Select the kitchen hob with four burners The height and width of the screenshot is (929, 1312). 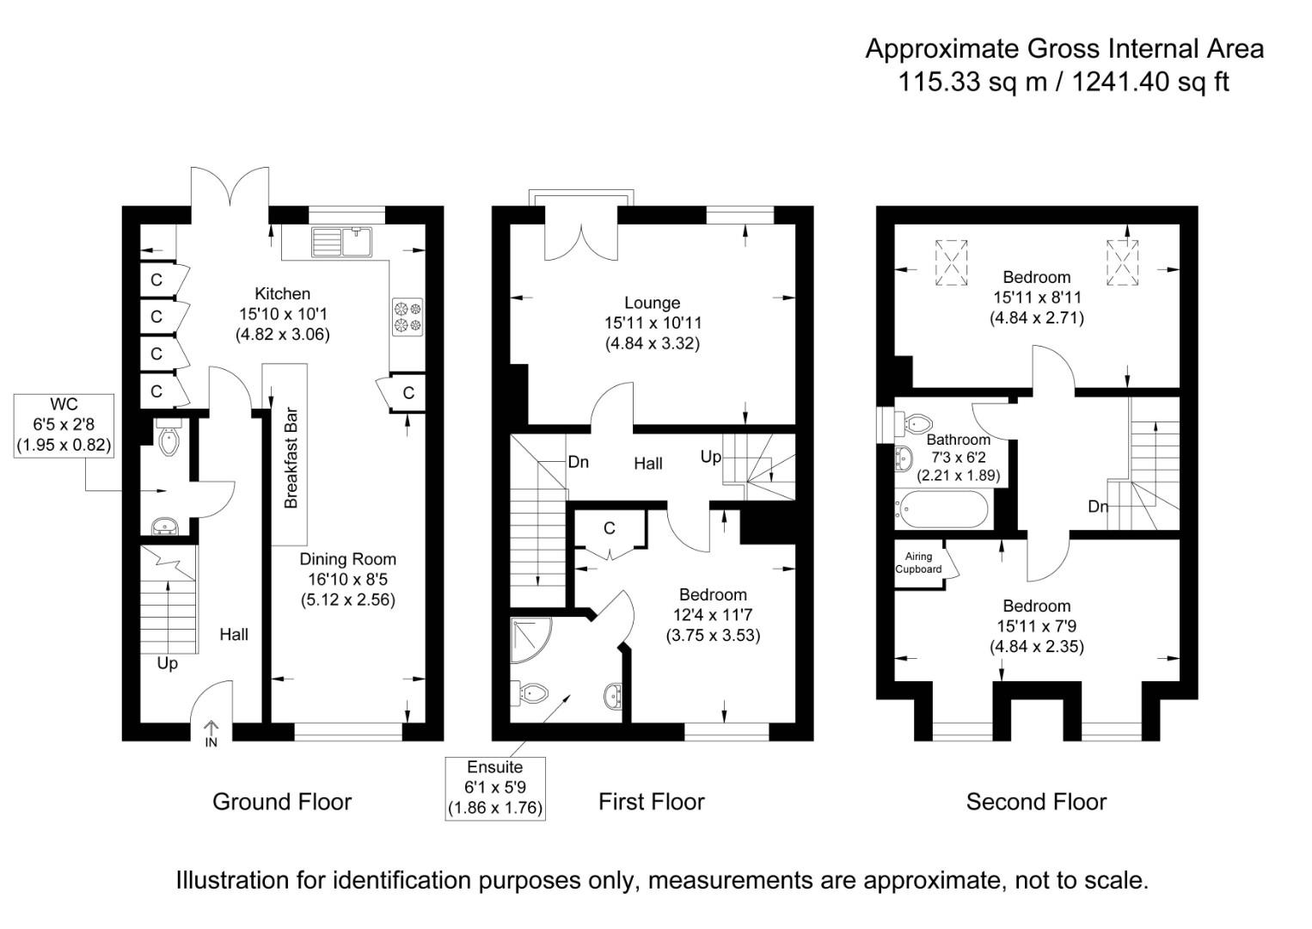coord(408,316)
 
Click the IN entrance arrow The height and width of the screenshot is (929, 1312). coord(212,734)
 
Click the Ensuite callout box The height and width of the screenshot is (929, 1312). coord(494,787)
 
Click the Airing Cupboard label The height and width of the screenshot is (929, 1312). coord(918,563)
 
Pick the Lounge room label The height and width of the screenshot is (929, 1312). coord(652,303)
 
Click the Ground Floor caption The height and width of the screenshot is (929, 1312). coord(282,802)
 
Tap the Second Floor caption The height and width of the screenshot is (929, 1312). coord(1036,802)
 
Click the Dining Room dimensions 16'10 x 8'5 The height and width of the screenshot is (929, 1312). coord(348,580)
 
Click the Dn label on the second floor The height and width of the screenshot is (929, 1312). coord(1098,507)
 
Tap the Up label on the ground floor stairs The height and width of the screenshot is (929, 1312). coord(168,663)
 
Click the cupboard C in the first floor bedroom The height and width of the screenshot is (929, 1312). coord(609,528)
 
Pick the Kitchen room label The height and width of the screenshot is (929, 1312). coord(282,294)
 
